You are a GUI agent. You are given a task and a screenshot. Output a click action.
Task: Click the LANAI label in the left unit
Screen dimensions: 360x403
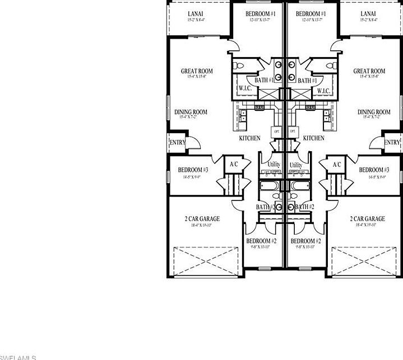click(196, 13)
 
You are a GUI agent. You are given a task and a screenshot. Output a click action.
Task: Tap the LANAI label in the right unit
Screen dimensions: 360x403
click(368, 13)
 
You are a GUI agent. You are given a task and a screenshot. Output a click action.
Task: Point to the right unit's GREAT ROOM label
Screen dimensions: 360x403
click(369, 71)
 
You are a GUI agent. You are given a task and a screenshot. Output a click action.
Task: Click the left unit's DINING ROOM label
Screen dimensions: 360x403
click(191, 112)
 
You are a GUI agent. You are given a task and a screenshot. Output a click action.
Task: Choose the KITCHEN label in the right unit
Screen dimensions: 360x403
click(314, 138)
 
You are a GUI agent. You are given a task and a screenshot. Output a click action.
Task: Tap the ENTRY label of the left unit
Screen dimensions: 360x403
click(178, 143)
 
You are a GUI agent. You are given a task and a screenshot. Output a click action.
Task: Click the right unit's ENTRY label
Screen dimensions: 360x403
click(392, 143)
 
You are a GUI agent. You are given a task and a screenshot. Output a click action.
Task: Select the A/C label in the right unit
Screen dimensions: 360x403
click(337, 165)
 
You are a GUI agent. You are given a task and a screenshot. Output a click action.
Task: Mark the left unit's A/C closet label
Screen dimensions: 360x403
click(233, 165)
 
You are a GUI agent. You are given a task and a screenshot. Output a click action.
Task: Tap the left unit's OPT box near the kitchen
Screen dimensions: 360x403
click(276, 132)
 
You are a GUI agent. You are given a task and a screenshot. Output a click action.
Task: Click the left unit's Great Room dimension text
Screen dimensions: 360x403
click(196, 77)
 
